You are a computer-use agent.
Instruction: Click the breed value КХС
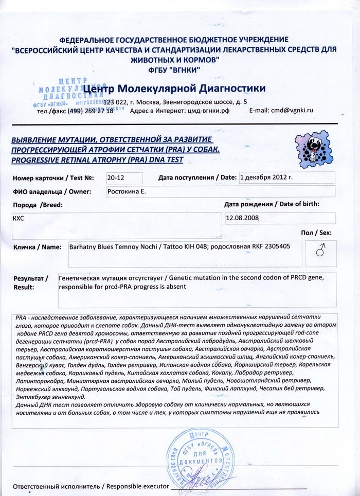(19, 218)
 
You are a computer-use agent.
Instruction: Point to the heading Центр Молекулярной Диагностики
(174, 88)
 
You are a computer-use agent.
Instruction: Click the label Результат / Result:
(30, 282)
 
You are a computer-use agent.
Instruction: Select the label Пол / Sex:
(316, 233)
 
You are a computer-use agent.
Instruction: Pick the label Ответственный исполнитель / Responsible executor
(91, 486)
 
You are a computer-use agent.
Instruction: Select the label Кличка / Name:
(37, 247)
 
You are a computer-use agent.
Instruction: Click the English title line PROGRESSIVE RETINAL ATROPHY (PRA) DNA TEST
(101, 160)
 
